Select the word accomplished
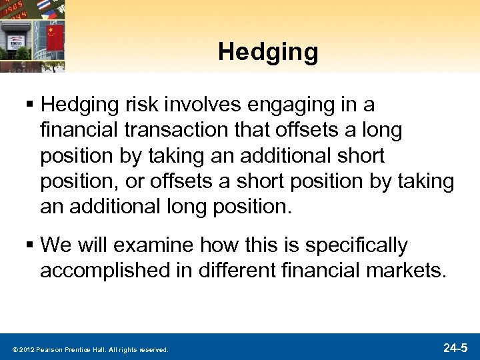(105, 271)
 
